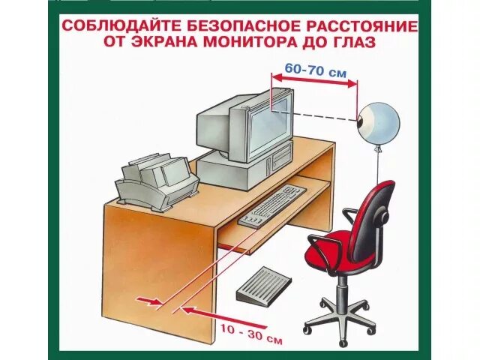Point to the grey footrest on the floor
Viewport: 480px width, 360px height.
(x=263, y=284)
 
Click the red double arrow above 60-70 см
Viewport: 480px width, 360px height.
(x=314, y=80)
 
